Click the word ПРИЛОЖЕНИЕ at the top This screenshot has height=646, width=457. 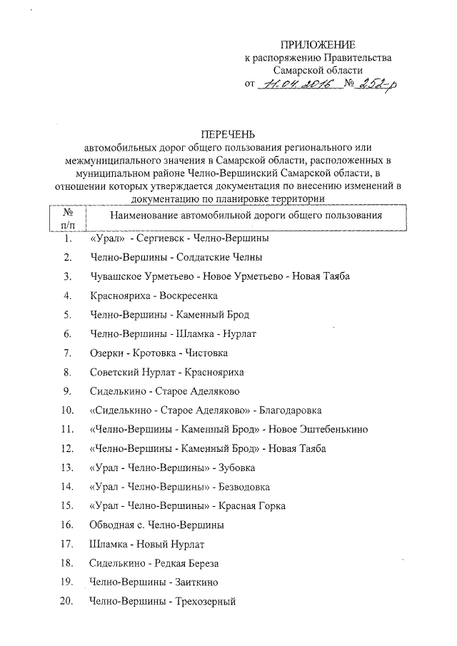[x=318, y=44]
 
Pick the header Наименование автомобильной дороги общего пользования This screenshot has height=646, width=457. [x=246, y=215]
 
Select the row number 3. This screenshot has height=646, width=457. [x=67, y=276]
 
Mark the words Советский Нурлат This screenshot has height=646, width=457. [x=132, y=372]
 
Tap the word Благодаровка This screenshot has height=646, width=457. [x=288, y=410]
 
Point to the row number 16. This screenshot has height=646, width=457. [x=68, y=525]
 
